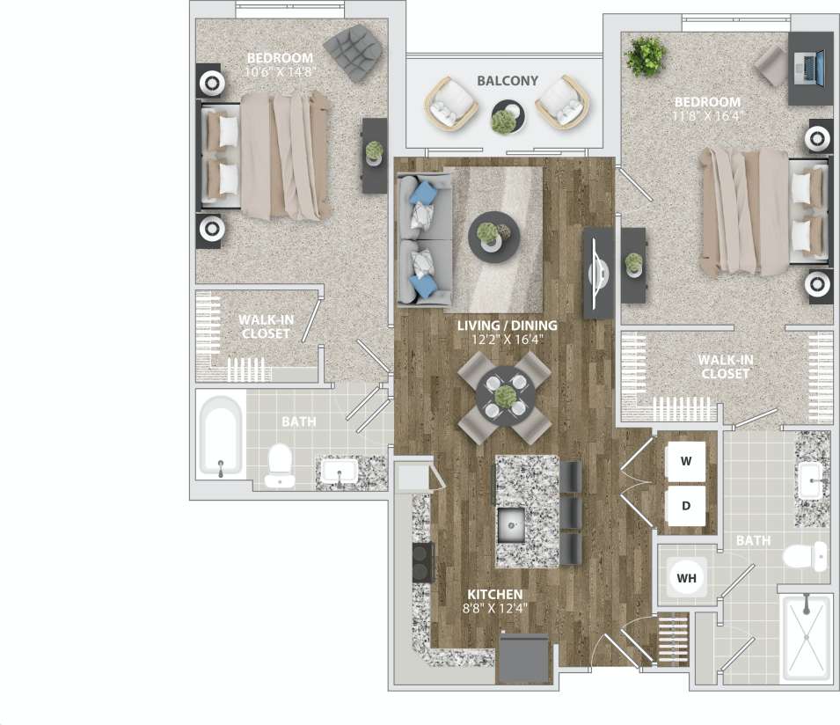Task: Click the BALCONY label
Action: click(x=507, y=80)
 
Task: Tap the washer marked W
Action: click(x=686, y=461)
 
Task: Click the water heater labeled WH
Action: click(x=686, y=578)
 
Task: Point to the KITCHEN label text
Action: click(x=495, y=595)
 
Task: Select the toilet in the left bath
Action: click(x=280, y=464)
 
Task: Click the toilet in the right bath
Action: click(x=804, y=556)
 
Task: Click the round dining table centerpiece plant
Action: click(x=504, y=398)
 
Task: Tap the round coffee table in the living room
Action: click(x=493, y=236)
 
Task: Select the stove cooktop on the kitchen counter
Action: click(x=422, y=562)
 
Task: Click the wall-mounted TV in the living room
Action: click(x=599, y=274)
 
